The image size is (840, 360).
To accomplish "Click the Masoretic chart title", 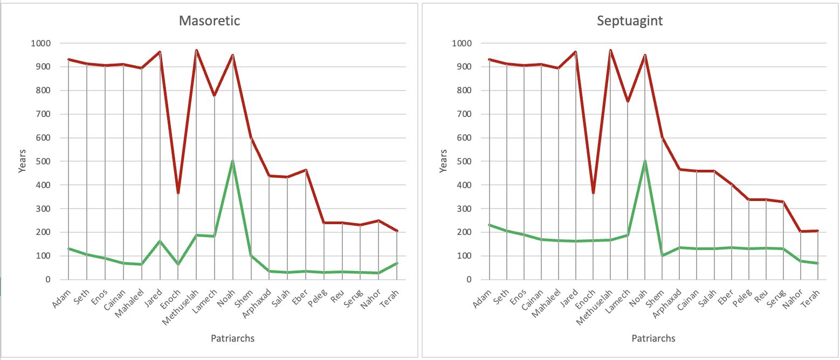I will point(209,22).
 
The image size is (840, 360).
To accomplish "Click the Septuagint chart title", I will point(629,22).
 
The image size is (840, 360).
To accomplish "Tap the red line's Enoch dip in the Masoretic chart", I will point(178,193).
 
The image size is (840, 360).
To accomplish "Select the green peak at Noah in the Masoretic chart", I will point(233,161).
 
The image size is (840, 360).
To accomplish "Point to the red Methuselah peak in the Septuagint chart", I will point(610,50).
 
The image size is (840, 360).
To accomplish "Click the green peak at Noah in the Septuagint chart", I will point(645,161).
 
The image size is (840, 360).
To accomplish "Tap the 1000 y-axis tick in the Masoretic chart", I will point(40,43).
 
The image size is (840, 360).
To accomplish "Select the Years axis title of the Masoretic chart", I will point(22,161).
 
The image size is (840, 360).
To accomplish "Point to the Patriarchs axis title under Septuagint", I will point(653,338).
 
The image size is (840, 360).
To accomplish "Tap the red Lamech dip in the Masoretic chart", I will point(215,95).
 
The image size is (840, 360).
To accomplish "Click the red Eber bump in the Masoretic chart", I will point(306,170).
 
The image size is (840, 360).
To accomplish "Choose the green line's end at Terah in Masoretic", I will point(397,263).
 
